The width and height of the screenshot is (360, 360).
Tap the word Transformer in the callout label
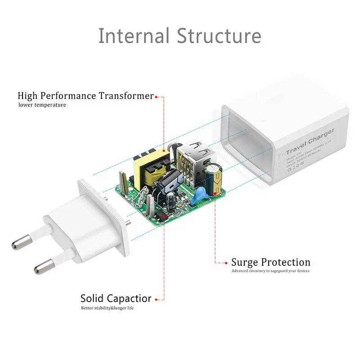(126, 96)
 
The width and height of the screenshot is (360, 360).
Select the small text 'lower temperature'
(42, 105)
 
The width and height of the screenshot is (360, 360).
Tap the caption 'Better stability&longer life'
(108, 308)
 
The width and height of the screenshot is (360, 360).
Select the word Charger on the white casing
(321, 136)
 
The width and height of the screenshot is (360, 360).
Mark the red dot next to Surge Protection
(226, 263)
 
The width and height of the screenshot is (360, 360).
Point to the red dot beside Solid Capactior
(156, 299)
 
